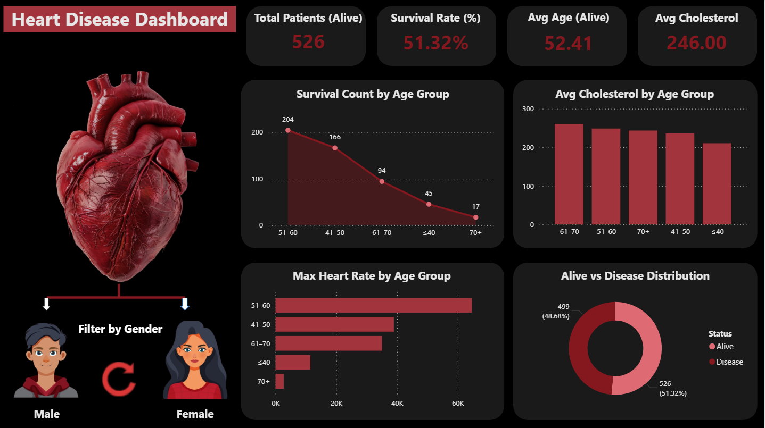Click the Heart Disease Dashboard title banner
tap(119, 20)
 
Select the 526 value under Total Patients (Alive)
tap(308, 41)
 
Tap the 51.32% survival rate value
tap(435, 43)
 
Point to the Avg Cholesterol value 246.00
tap(696, 43)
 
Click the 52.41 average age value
tap(568, 43)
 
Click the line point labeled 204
tap(288, 130)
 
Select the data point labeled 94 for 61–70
tap(382, 181)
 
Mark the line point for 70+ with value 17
tap(475, 217)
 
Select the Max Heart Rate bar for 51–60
tap(373, 306)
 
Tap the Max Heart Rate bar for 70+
tap(279, 382)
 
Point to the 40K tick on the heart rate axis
tap(397, 404)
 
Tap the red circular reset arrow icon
tap(119, 379)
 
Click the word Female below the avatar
tap(195, 414)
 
